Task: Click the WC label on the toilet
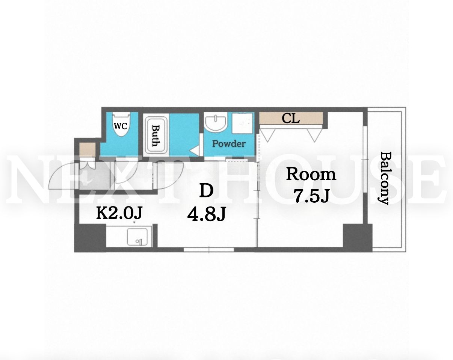pyautogui.click(x=121, y=126)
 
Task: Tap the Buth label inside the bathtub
pyautogui.click(x=156, y=136)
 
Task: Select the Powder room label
pyautogui.click(x=229, y=144)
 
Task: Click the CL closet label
pyautogui.click(x=290, y=119)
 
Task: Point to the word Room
pyautogui.click(x=311, y=175)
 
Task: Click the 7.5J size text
pyautogui.click(x=311, y=196)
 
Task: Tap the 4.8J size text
pyautogui.click(x=207, y=214)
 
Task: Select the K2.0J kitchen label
pyautogui.click(x=119, y=213)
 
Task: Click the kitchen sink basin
pyautogui.click(x=137, y=237)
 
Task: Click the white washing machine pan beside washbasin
pyautogui.click(x=242, y=123)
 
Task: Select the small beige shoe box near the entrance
pyautogui.click(x=88, y=150)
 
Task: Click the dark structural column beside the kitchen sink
pyautogui.click(x=90, y=238)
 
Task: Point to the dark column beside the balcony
pyautogui.click(x=358, y=238)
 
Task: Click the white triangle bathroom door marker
pyautogui.click(x=194, y=151)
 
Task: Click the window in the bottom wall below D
pyautogui.click(x=209, y=250)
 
